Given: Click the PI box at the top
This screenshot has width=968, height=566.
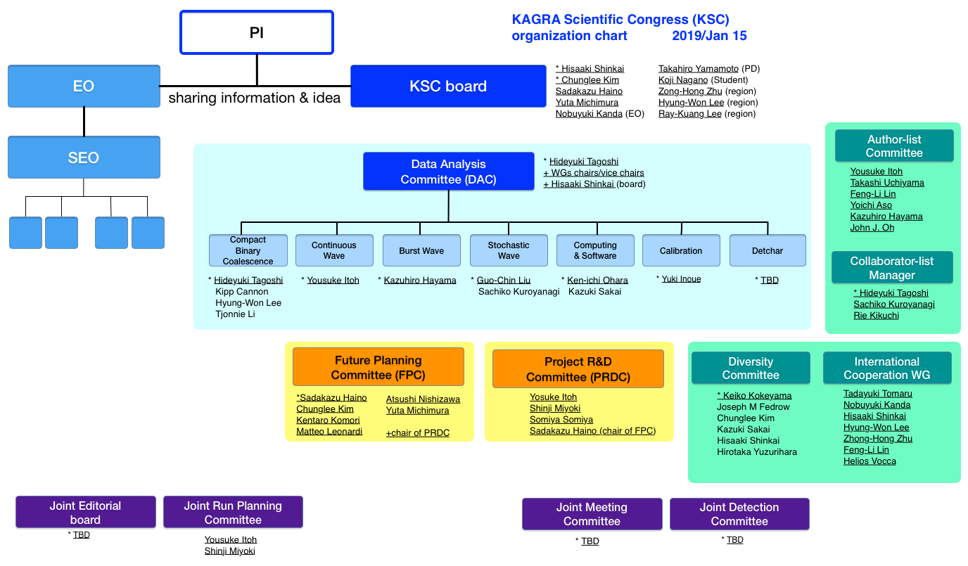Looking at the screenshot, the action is (257, 32).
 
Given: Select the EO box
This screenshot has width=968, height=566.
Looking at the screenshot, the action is (84, 86).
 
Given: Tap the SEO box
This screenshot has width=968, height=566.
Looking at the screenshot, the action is (84, 157).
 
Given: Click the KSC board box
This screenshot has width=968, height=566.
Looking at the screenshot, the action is (448, 86).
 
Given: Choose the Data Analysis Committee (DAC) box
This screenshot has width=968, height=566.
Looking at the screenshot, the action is (449, 171).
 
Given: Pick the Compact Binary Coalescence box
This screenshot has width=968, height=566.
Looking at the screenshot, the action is (248, 250).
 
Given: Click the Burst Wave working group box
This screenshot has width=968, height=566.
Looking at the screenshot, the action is (421, 250).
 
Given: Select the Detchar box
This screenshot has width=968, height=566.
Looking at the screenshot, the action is (768, 250).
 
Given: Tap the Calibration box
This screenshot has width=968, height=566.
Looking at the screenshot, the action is (681, 250).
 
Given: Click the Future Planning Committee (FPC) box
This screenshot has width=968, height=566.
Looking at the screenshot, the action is (378, 367).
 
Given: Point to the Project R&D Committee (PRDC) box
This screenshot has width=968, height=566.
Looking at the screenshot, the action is (578, 368).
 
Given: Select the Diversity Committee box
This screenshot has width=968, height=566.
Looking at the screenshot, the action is (751, 368).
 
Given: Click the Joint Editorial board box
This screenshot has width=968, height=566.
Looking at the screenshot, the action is (86, 512).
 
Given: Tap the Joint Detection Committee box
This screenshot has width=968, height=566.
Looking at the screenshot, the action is (739, 514).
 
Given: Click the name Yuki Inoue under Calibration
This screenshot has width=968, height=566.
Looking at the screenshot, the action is (681, 279).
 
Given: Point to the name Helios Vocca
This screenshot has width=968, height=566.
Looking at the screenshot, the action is (870, 461).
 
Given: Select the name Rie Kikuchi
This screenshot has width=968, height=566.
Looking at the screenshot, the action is (876, 316).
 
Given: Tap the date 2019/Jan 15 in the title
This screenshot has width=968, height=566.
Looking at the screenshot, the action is (709, 35).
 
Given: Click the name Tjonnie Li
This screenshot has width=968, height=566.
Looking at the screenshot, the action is (235, 314).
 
